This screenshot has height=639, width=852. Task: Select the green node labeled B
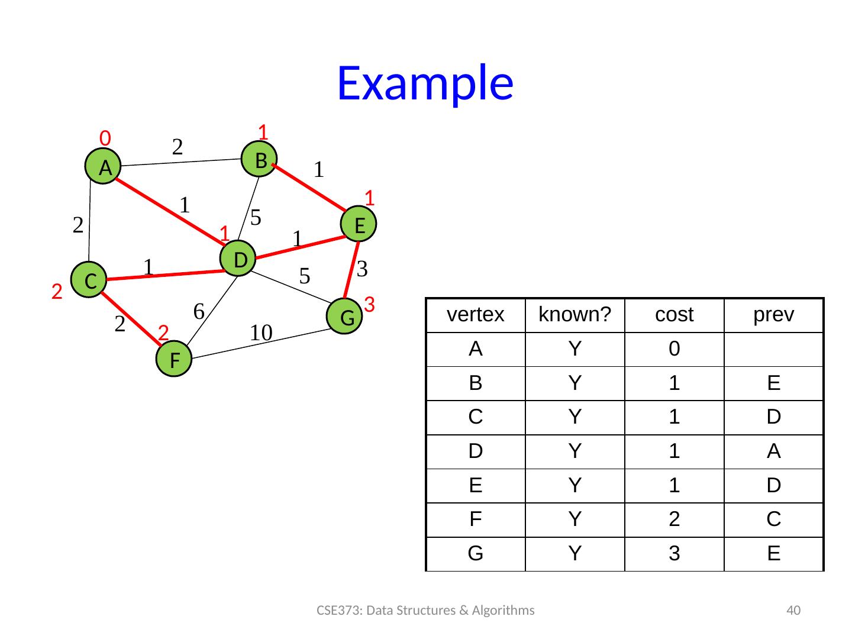pos(259,159)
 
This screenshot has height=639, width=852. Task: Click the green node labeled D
pos(238,259)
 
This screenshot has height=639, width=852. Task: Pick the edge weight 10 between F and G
pos(260,333)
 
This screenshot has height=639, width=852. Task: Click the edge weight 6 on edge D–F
pos(199,310)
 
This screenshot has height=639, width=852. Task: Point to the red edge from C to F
pos(131,318)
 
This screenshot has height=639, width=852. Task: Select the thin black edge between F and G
pos(260,344)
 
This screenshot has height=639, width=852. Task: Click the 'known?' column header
pos(575,315)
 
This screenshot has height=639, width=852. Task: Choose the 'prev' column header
pos(773,315)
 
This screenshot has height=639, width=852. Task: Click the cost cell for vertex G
pos(674,554)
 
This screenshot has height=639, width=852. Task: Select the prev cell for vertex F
pos(773,519)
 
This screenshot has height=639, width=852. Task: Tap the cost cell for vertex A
pos(674,349)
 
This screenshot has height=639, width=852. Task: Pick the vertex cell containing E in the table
pos(475,485)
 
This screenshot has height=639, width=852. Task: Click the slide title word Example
pos(425,82)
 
